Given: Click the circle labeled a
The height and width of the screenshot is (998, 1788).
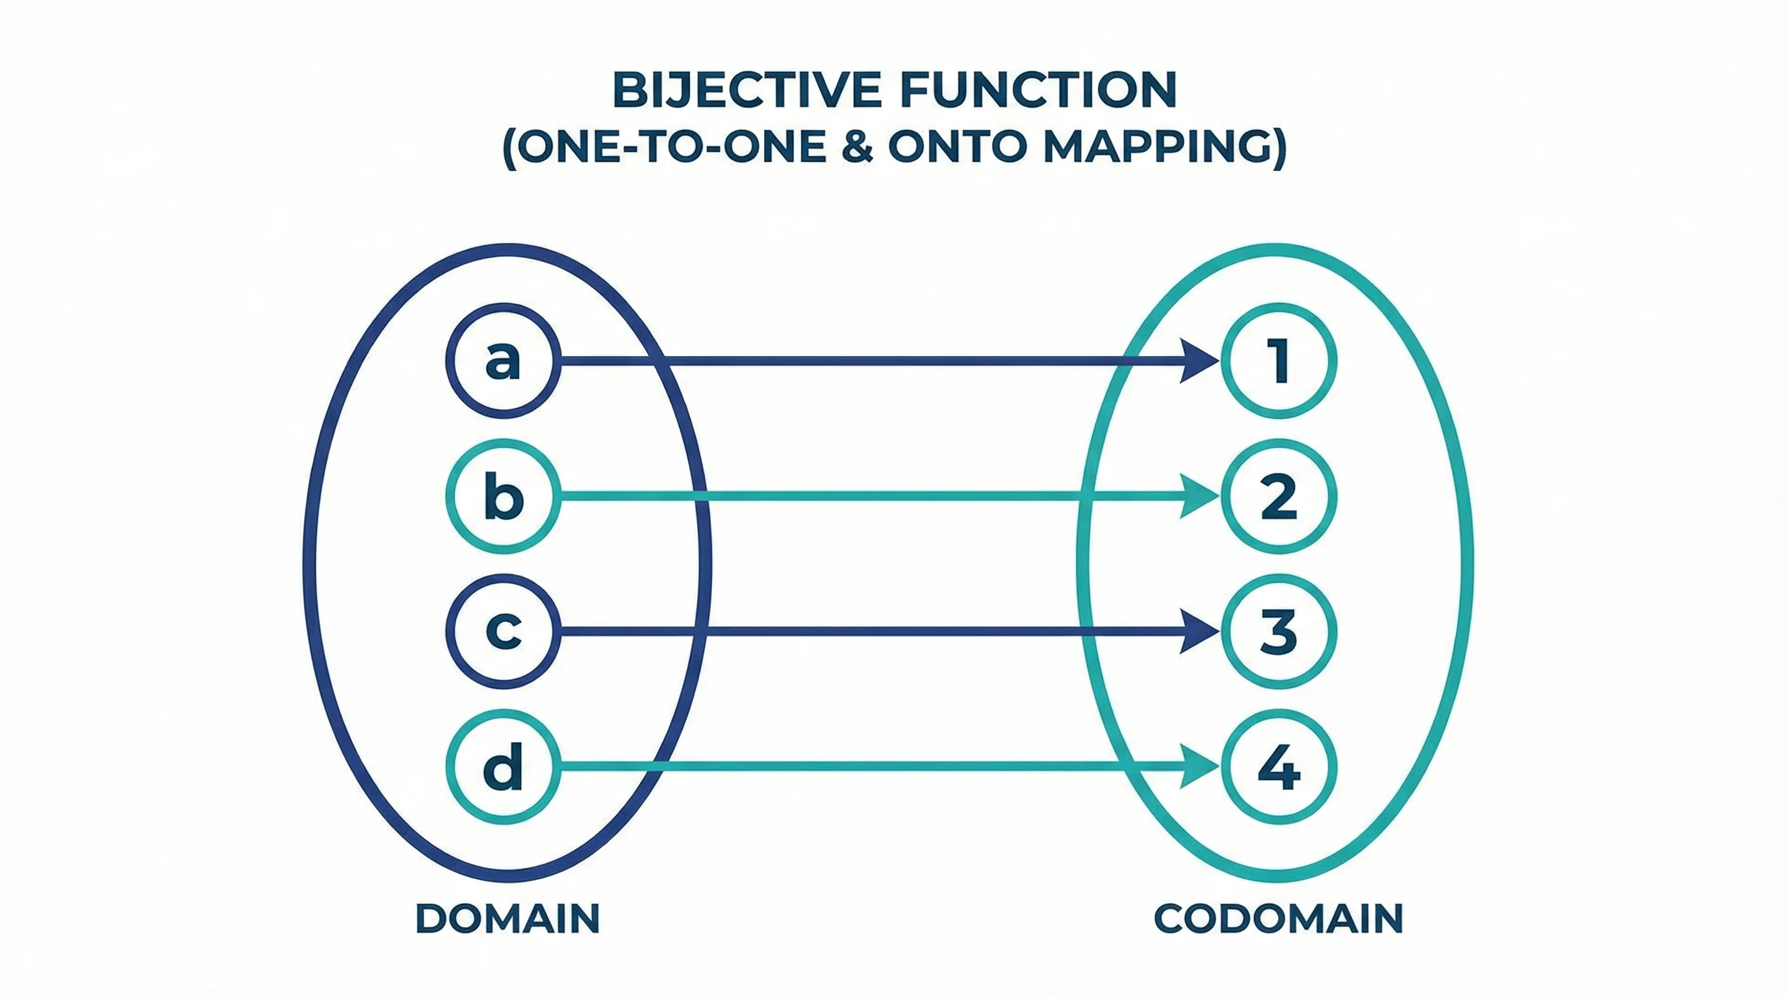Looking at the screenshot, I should [x=502, y=361].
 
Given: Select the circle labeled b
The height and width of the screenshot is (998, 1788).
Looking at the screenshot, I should [x=502, y=496].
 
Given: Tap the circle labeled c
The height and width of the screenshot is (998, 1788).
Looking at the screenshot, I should [x=502, y=632].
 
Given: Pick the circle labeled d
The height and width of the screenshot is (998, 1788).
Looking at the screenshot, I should [x=502, y=766].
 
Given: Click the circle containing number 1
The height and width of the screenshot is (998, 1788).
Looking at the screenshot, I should [x=1278, y=361].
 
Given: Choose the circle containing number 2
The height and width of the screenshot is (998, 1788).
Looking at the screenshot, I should [x=1278, y=496].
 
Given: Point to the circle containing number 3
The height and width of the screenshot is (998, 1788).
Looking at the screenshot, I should [x=1278, y=632].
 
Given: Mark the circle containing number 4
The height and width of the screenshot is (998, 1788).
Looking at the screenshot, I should [x=1278, y=766].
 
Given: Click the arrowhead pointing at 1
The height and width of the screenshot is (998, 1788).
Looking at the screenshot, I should [x=1199, y=361].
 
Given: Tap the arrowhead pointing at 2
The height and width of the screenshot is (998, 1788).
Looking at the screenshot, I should [x=1199, y=496].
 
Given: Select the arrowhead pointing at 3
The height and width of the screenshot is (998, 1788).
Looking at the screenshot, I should [x=1199, y=632].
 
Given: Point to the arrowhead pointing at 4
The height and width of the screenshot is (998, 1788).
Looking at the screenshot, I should [x=1199, y=766].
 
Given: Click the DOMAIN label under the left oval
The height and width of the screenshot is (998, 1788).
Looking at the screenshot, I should [x=507, y=918].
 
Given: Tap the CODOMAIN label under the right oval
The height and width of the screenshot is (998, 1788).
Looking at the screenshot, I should [x=1278, y=918].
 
